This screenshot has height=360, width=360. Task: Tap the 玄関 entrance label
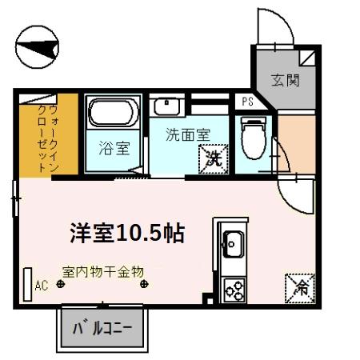coord(283,80)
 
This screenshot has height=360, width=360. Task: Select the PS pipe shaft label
coord(246,102)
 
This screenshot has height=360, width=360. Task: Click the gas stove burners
coord(234,289)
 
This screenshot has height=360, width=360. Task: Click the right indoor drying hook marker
coord(144,283)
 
